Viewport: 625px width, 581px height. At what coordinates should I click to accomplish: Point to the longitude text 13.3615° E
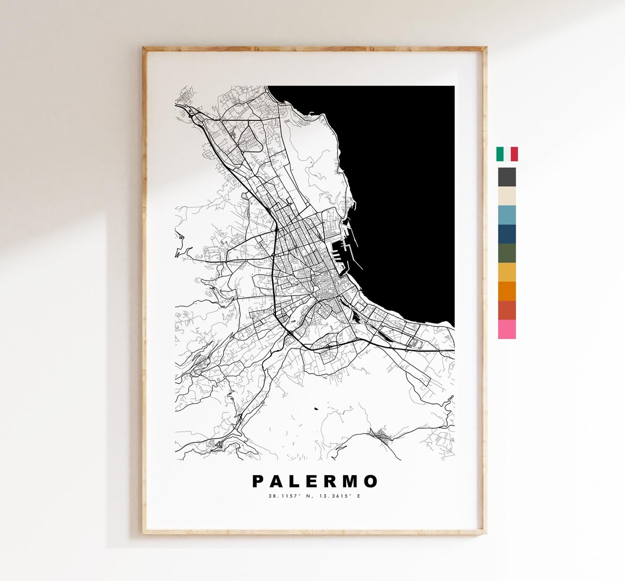point(339,496)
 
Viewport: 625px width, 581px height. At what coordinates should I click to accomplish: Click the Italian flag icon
point(507,154)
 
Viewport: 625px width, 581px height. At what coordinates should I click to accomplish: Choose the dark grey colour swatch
point(507,176)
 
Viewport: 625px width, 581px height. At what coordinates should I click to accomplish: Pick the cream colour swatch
point(507,196)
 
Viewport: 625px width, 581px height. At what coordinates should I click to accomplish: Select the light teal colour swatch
point(507,215)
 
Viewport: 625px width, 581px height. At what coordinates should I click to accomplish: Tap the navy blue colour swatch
point(507,234)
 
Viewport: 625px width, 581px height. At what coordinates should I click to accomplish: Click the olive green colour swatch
point(507,253)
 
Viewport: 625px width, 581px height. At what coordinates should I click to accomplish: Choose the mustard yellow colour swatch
point(507,272)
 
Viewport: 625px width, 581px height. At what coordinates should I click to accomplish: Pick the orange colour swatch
point(507,291)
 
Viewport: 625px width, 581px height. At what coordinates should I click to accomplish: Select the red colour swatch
point(507,310)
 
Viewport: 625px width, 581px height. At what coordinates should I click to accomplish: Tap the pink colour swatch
point(507,329)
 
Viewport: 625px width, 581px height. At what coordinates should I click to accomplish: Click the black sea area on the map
point(405,174)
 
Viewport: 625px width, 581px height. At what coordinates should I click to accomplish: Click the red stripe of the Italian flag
point(514,154)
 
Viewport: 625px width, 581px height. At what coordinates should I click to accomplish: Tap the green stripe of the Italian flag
point(499,154)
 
